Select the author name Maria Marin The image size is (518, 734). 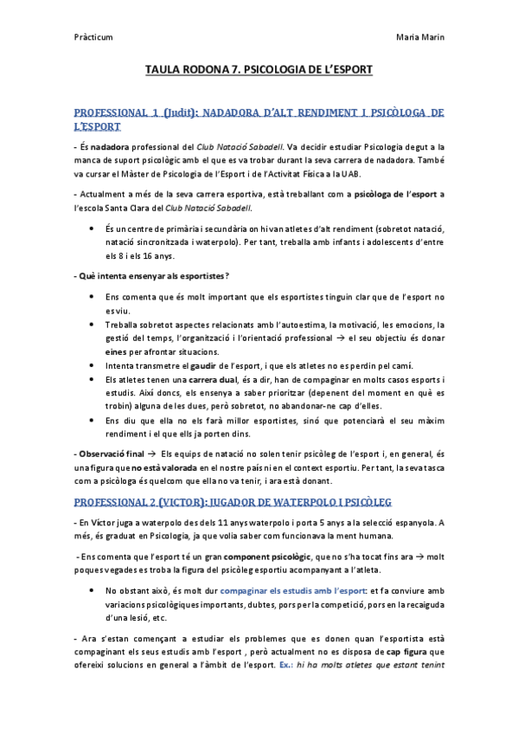(x=420, y=38)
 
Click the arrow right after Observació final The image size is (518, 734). (x=151, y=453)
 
